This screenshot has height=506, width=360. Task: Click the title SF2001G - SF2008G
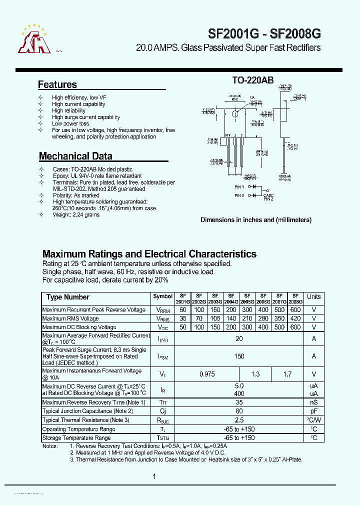[x=264, y=33]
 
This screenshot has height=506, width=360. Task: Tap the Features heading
[x=57, y=84]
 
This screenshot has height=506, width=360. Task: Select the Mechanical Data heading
[x=75, y=155]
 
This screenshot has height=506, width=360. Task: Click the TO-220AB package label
[x=252, y=79]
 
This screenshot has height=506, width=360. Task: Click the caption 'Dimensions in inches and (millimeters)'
[x=256, y=219]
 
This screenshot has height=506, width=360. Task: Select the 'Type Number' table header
[x=68, y=297]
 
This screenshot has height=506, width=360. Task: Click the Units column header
[x=313, y=296]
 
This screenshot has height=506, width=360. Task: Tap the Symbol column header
[x=162, y=296]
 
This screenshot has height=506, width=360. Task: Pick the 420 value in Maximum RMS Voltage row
[x=295, y=318]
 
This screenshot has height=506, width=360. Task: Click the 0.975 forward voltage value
[x=207, y=374]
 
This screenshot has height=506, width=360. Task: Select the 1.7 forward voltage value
[x=287, y=374]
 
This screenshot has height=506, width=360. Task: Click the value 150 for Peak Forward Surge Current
[x=239, y=356]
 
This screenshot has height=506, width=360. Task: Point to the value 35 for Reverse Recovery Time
[x=239, y=402]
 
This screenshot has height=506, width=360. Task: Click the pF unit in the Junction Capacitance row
[x=314, y=411]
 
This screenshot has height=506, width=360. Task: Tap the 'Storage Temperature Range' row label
[x=76, y=438]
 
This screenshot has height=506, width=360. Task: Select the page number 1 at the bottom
[x=154, y=476]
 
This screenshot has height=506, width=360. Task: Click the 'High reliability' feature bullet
[x=68, y=110]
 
